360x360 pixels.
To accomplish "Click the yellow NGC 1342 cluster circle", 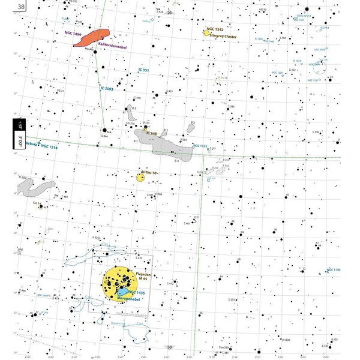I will tap(206, 33).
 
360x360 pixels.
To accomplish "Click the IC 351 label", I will tap(144, 70).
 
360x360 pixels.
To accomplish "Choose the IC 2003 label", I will tap(106, 89).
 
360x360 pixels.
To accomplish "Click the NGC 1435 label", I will tap(137, 292).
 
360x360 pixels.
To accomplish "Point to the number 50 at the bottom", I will tap(169, 347).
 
